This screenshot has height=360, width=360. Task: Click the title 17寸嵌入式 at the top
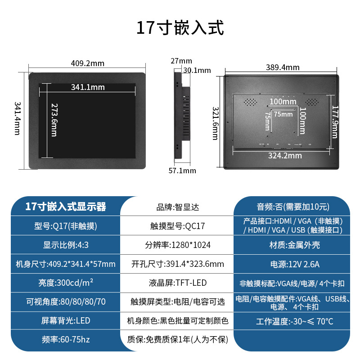coord(180,28)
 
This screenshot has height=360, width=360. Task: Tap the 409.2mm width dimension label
coord(88,63)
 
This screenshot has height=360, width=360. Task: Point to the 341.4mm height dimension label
coord(17,118)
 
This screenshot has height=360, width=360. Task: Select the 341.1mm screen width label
coord(88,87)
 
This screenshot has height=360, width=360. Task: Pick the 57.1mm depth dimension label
coord(182,171)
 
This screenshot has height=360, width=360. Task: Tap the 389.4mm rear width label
coord(283,67)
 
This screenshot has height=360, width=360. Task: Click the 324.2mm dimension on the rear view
coord(285,156)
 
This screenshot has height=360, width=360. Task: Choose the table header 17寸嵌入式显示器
coord(66,207)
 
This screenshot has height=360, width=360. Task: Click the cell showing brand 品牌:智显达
coord(177,207)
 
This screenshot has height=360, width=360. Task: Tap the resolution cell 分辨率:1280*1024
coord(177,245)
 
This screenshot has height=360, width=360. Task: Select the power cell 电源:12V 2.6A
coord(295,264)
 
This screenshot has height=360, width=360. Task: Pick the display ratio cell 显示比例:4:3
coord(66,245)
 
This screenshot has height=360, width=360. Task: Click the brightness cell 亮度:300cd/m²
coord(66,283)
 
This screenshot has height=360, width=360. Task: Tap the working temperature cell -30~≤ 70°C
coord(295,321)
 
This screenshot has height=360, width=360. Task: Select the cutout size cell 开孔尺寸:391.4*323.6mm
coord(177,264)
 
